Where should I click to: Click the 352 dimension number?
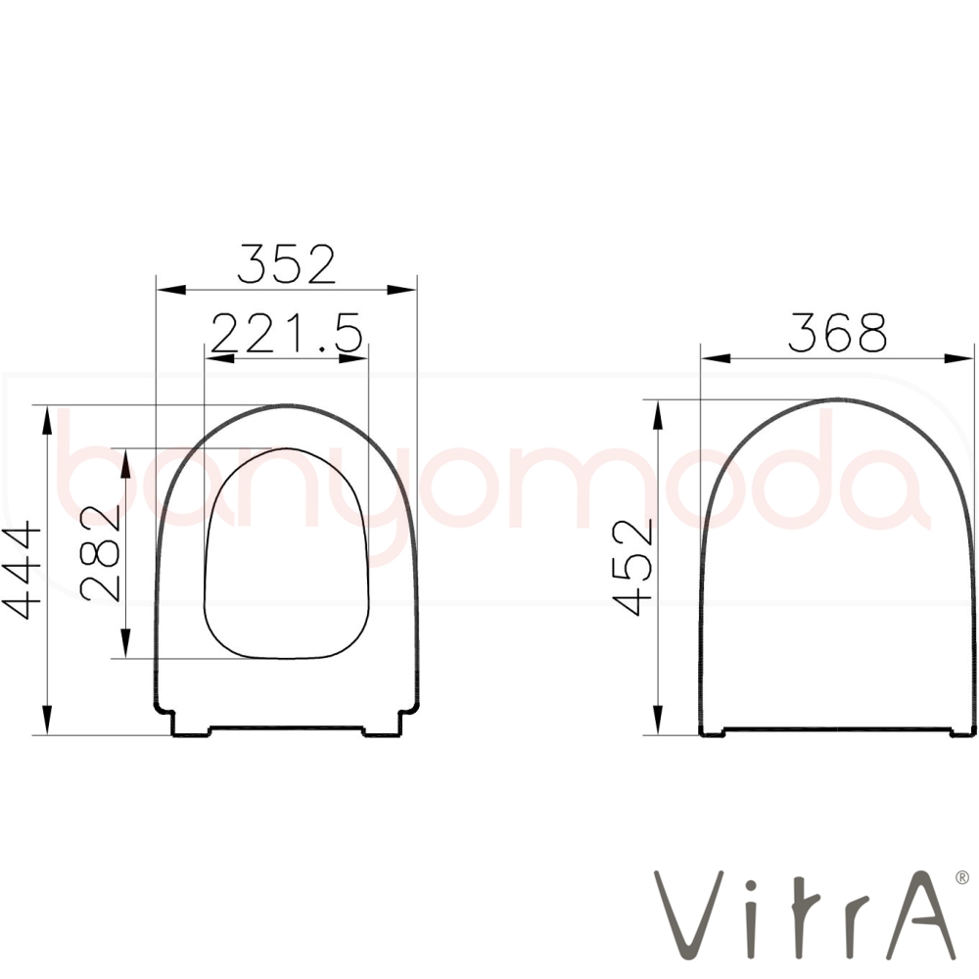pyautogui.click(x=287, y=264)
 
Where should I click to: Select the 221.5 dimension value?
pyautogui.click(x=287, y=333)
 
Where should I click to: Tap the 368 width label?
pyautogui.click(x=837, y=333)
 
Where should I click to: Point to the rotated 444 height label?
pyautogui.click(x=22, y=572)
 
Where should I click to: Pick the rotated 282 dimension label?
pyautogui.click(x=101, y=554)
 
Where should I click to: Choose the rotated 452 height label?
pyautogui.click(x=632, y=568)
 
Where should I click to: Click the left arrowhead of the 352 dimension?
pyautogui.click(x=171, y=290)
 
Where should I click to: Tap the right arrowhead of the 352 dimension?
pyautogui.click(x=401, y=290)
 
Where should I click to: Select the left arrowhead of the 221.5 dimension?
pyautogui.click(x=219, y=358)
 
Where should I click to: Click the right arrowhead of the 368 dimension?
pyautogui.click(x=958, y=358)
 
